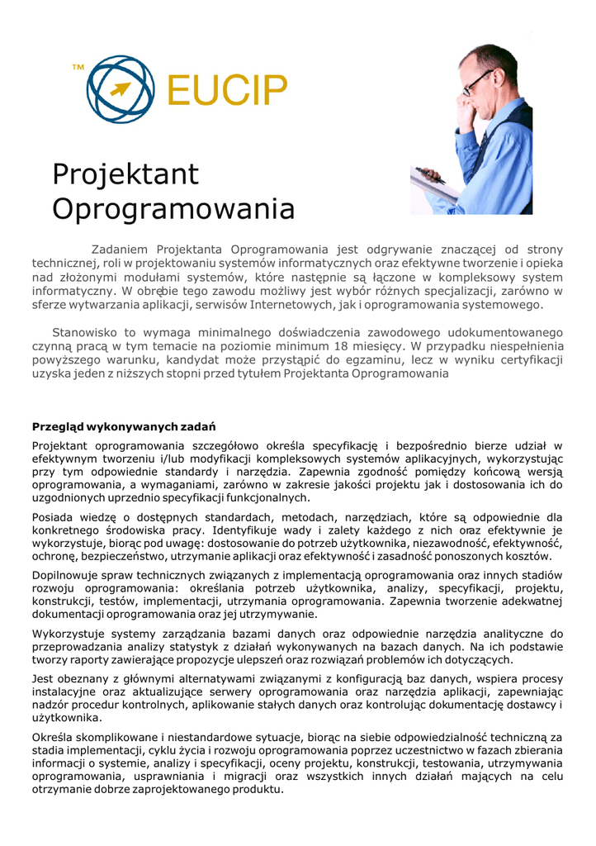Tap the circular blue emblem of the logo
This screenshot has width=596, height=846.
click(x=121, y=86)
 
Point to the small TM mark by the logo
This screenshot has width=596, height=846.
click(x=78, y=65)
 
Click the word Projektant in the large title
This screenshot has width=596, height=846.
click(x=125, y=174)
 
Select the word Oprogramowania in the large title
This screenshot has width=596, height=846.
click(x=173, y=208)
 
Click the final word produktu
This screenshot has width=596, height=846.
click(x=255, y=791)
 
